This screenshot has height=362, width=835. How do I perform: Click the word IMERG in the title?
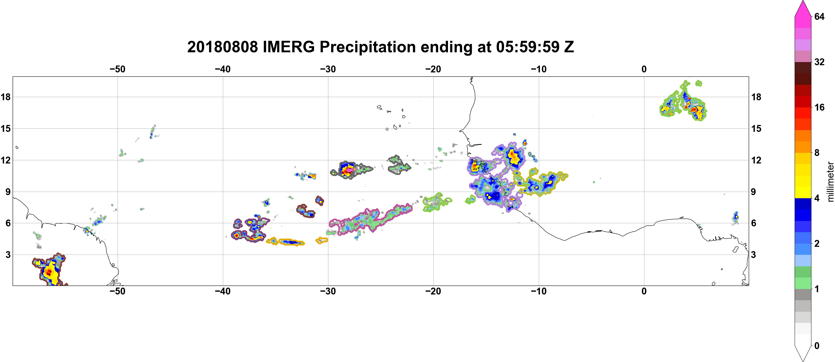pos(288,47)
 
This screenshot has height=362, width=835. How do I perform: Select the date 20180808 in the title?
pos(222,47)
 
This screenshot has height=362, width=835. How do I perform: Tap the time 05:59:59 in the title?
pos(527,47)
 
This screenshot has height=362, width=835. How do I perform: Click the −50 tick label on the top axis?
pos(117,69)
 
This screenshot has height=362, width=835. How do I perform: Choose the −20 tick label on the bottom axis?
pos(433,291)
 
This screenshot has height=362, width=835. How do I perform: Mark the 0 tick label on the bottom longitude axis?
pos(644,291)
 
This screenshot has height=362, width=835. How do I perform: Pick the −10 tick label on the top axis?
pos(539,69)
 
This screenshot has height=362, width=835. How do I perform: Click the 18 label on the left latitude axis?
pos(5,97)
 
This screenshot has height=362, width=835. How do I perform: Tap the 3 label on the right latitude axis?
pos(753,255)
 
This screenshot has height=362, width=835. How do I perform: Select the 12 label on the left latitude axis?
pos(5,160)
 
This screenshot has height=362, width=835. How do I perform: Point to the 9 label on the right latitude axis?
pos(753,192)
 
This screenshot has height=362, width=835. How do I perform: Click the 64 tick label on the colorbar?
pos(819,16)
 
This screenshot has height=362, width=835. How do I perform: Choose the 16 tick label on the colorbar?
pos(819,107)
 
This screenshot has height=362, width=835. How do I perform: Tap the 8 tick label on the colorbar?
pos(817,153)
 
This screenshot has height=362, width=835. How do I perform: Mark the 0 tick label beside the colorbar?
pos(817,346)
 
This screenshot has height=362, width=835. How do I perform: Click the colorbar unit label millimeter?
pos(830,182)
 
